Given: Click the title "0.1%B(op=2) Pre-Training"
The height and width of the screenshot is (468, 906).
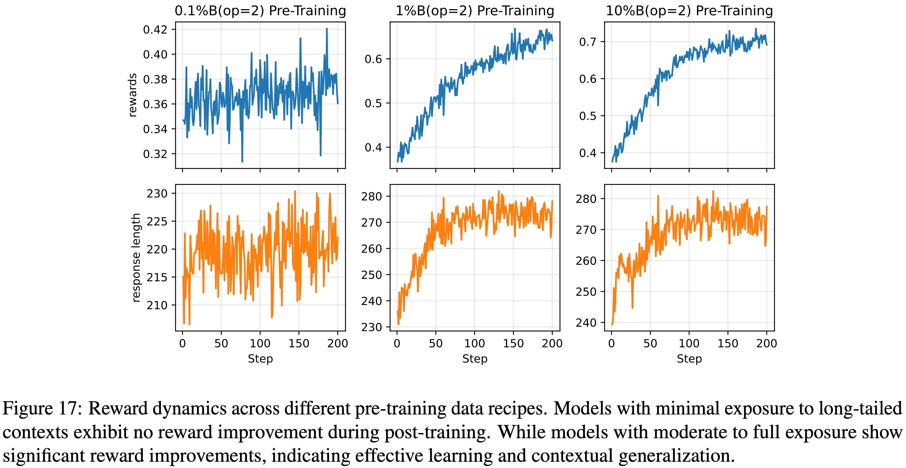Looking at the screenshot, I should tap(260, 11).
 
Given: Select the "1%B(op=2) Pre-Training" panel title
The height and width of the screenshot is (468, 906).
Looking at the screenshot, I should tap(475, 11).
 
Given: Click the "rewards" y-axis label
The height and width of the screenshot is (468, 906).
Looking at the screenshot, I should tap(133, 95).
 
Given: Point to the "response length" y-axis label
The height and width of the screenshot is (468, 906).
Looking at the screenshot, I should tap(136, 258).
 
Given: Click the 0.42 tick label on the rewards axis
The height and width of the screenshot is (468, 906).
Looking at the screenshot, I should tap(155, 30).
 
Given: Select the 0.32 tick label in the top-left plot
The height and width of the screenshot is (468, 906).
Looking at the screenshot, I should tap(155, 154).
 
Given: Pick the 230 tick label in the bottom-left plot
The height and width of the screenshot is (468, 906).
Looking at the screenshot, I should tap(157, 194).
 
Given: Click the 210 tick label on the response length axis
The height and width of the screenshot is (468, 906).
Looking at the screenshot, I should tap(157, 305).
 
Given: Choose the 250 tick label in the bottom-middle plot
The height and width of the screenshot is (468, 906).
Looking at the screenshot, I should tap(371, 275).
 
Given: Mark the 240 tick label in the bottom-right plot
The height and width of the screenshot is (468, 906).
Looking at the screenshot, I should tap(586, 323).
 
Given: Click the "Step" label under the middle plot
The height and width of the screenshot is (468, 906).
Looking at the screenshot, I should tap(475, 359).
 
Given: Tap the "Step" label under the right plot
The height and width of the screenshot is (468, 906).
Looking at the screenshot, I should tap(689, 359).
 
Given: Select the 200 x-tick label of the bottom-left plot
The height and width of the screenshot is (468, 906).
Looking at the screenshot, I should tap(338, 343).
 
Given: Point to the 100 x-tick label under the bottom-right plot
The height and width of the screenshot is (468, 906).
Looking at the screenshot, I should tap(689, 343).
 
